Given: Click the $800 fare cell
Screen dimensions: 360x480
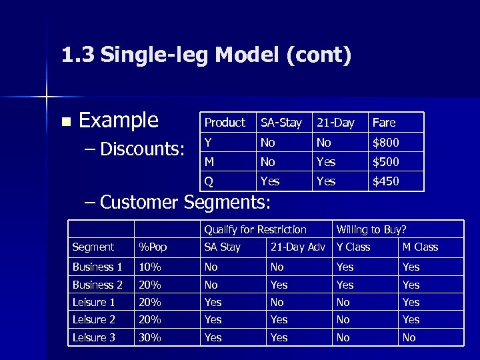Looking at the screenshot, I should (385, 143).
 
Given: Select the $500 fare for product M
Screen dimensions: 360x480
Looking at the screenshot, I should (385, 162).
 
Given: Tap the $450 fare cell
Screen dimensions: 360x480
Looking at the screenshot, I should (385, 181).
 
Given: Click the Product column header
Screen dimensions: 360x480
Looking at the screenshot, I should (225, 123).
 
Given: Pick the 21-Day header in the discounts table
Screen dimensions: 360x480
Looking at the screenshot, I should (335, 123).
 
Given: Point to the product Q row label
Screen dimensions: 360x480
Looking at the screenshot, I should (209, 181).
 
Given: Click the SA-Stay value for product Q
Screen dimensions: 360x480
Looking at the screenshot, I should (270, 181).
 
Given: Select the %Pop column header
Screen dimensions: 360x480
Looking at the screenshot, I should (153, 247).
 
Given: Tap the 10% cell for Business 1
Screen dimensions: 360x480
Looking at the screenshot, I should (150, 267).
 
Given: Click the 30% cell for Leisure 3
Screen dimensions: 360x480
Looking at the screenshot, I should (150, 338).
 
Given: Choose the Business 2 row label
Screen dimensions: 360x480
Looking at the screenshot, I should (97, 285).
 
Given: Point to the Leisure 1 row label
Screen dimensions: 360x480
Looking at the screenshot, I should (93, 303).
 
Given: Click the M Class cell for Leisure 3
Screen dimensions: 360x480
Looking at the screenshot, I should (409, 338).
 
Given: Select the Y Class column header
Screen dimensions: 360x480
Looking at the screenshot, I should (353, 247).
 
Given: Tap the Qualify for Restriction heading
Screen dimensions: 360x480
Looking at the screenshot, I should (255, 230).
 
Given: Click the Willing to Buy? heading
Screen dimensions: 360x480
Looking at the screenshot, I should (371, 230).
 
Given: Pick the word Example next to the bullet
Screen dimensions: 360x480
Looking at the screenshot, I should (119, 121).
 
